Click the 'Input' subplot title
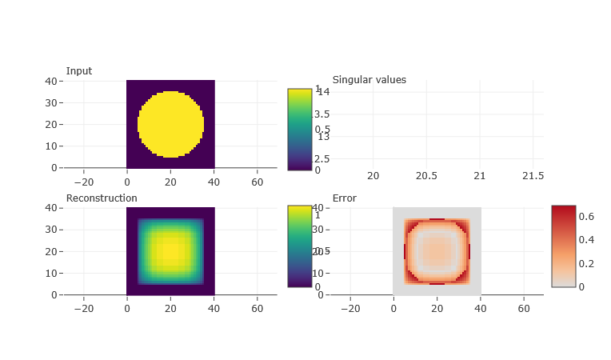coord(78,71)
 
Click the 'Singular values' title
coord(369,80)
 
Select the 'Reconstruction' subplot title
coord(102,198)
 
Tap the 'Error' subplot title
coord(344,198)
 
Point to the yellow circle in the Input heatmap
coord(170,124)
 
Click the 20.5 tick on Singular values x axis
coord(425,176)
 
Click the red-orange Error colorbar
coord(563,246)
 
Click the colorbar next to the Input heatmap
coord(300,129)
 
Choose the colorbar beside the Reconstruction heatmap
coord(300,246)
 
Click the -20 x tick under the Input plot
coord(83,182)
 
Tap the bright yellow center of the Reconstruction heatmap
coord(170,251)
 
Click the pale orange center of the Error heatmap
coord(437,251)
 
